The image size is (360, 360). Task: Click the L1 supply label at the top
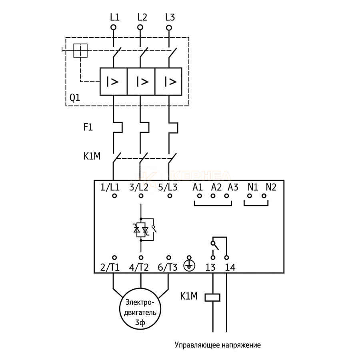point(114,17)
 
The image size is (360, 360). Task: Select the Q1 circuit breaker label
point(75,98)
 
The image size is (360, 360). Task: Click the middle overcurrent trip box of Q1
point(141,82)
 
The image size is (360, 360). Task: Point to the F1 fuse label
point(88,128)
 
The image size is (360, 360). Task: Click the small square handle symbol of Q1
point(81,51)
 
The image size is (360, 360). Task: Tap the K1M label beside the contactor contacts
point(92,156)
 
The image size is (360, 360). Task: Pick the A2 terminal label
point(216,187)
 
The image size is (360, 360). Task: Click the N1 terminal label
point(252,187)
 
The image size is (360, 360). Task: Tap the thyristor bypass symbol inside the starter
point(142,230)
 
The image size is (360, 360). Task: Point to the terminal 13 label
point(210,268)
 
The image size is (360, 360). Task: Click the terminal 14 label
point(230,268)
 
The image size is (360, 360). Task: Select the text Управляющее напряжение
point(217,345)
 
